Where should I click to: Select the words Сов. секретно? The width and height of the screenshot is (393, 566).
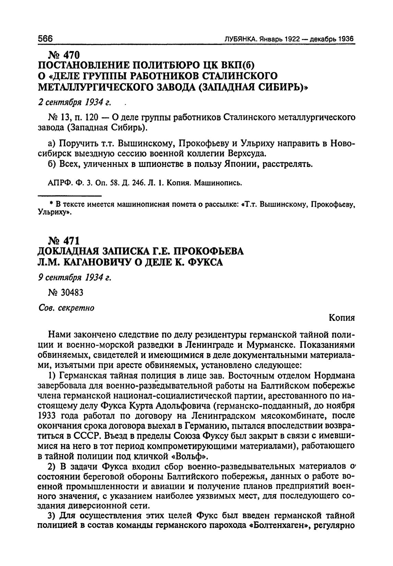click(x=66, y=308)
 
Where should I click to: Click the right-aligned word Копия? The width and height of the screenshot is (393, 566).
click(x=342, y=317)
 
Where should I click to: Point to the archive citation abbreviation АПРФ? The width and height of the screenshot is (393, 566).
click(x=57, y=183)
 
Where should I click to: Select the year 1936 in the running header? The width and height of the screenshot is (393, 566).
click(x=346, y=39)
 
